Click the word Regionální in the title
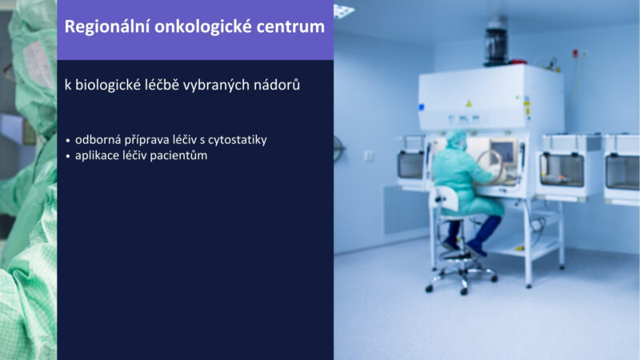point(106,27)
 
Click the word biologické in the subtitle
point(108,85)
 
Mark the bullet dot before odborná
point(68,141)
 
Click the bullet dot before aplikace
point(68,156)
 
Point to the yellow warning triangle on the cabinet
point(469,104)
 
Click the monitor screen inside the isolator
point(504,151)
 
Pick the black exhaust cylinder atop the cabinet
point(495,42)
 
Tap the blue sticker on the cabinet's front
point(422,107)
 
